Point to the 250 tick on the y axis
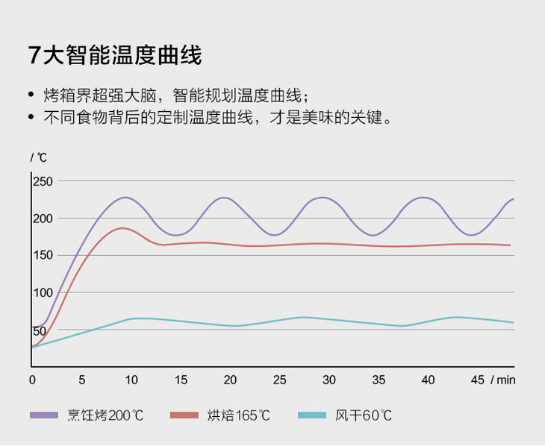tap(42, 181)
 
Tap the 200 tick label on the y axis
tap(42, 219)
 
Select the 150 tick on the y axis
tap(42, 255)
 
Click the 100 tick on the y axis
tap(42, 292)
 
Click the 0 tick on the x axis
tap(32, 380)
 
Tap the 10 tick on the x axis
tap(131, 380)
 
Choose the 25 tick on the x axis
tap(279, 380)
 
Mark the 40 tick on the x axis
tap(428, 380)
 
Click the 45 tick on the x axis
tap(477, 380)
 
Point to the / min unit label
tap(503, 380)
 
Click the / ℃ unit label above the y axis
tap(38, 157)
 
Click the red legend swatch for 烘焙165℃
tap(184, 415)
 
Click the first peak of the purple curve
tap(125, 198)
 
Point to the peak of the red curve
tap(122, 228)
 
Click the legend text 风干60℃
tap(364, 415)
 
